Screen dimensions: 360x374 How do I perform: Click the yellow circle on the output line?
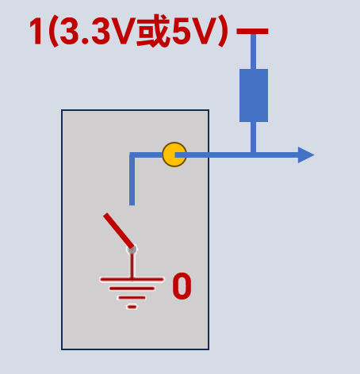(x=174, y=155)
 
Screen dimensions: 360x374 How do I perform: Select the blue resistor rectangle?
(x=254, y=95)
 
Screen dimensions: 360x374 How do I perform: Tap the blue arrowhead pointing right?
(x=306, y=155)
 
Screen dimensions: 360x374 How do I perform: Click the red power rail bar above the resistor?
(x=252, y=32)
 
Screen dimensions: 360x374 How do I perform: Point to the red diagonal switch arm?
(x=119, y=231)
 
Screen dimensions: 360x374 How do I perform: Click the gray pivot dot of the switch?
(x=132, y=250)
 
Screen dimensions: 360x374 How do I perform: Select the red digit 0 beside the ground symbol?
(x=182, y=286)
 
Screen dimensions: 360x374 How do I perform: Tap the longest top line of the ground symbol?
(x=132, y=279)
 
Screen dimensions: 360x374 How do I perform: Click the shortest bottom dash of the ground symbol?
(x=132, y=307)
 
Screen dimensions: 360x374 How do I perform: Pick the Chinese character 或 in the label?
(x=153, y=31)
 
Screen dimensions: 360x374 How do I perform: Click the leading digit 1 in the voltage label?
(x=36, y=32)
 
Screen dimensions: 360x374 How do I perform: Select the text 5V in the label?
(x=193, y=32)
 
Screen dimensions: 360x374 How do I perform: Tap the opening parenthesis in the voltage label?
(x=54, y=32)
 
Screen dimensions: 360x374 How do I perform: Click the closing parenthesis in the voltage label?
(x=223, y=32)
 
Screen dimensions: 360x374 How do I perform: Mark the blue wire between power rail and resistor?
(x=253, y=52)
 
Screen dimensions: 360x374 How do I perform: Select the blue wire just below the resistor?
(x=253, y=137)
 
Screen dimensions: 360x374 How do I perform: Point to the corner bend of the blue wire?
(x=132, y=155)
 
